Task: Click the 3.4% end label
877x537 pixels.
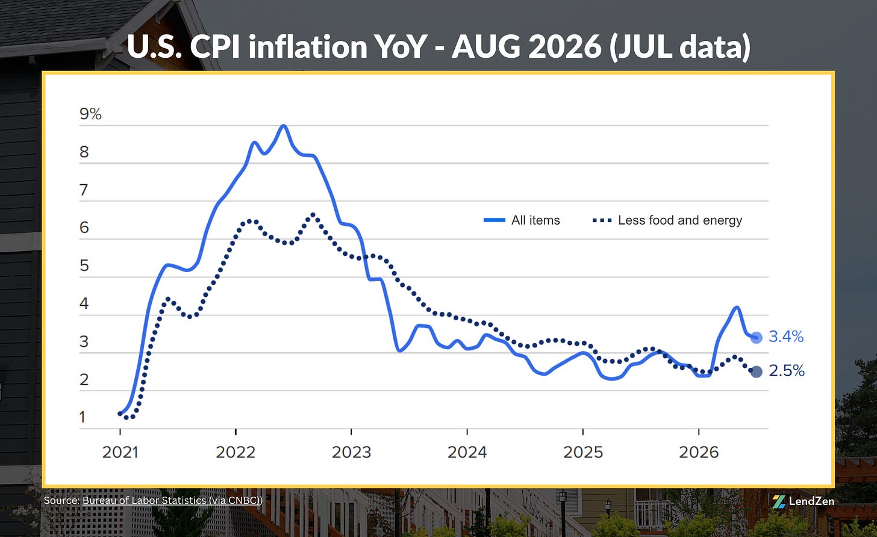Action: point(786,337)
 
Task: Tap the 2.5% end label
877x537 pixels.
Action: point(787,371)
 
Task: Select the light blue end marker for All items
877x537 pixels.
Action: point(757,337)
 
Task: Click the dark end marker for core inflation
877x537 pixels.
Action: point(757,371)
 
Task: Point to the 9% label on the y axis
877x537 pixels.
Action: point(90,114)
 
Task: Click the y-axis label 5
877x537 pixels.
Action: point(84,265)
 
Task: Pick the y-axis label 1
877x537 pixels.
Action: point(82,417)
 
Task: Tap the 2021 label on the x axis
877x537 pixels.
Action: point(120,453)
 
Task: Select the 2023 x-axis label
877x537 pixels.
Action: point(352,453)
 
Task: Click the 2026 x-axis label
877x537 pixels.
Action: point(699,453)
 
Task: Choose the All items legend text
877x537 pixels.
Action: point(535,220)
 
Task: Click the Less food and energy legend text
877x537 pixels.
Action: point(680,220)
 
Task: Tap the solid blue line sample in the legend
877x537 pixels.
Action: point(495,220)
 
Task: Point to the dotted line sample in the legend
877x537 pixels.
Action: point(602,221)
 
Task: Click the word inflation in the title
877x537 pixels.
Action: point(308,46)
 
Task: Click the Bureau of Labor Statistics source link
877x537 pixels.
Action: point(172,500)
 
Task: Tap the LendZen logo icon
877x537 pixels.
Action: point(779,501)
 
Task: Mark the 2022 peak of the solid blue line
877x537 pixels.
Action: point(284,126)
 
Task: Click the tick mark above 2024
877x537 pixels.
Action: point(467,432)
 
